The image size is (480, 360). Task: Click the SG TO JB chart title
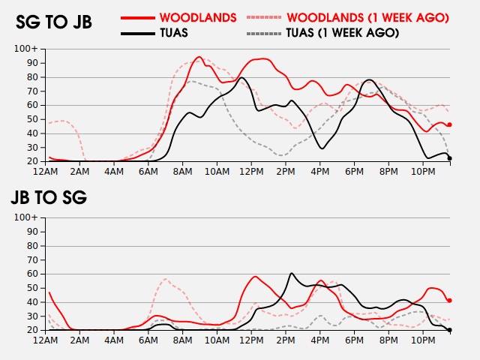click(x=54, y=22)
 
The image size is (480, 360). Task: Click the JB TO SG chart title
click(x=49, y=198)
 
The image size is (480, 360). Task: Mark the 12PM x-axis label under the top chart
click(x=251, y=172)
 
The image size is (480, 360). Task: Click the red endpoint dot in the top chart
click(x=449, y=124)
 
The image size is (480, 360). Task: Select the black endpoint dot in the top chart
click(x=449, y=158)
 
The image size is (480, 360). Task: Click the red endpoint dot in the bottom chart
click(x=449, y=300)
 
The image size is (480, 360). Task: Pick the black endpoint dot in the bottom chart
click(x=449, y=329)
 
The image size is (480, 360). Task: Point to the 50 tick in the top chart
click(x=32, y=119)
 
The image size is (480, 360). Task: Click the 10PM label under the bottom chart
click(x=423, y=340)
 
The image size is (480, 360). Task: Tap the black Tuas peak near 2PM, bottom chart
click(x=291, y=274)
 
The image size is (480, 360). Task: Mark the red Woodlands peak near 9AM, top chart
click(x=199, y=57)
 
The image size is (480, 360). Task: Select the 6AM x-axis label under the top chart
click(x=148, y=172)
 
